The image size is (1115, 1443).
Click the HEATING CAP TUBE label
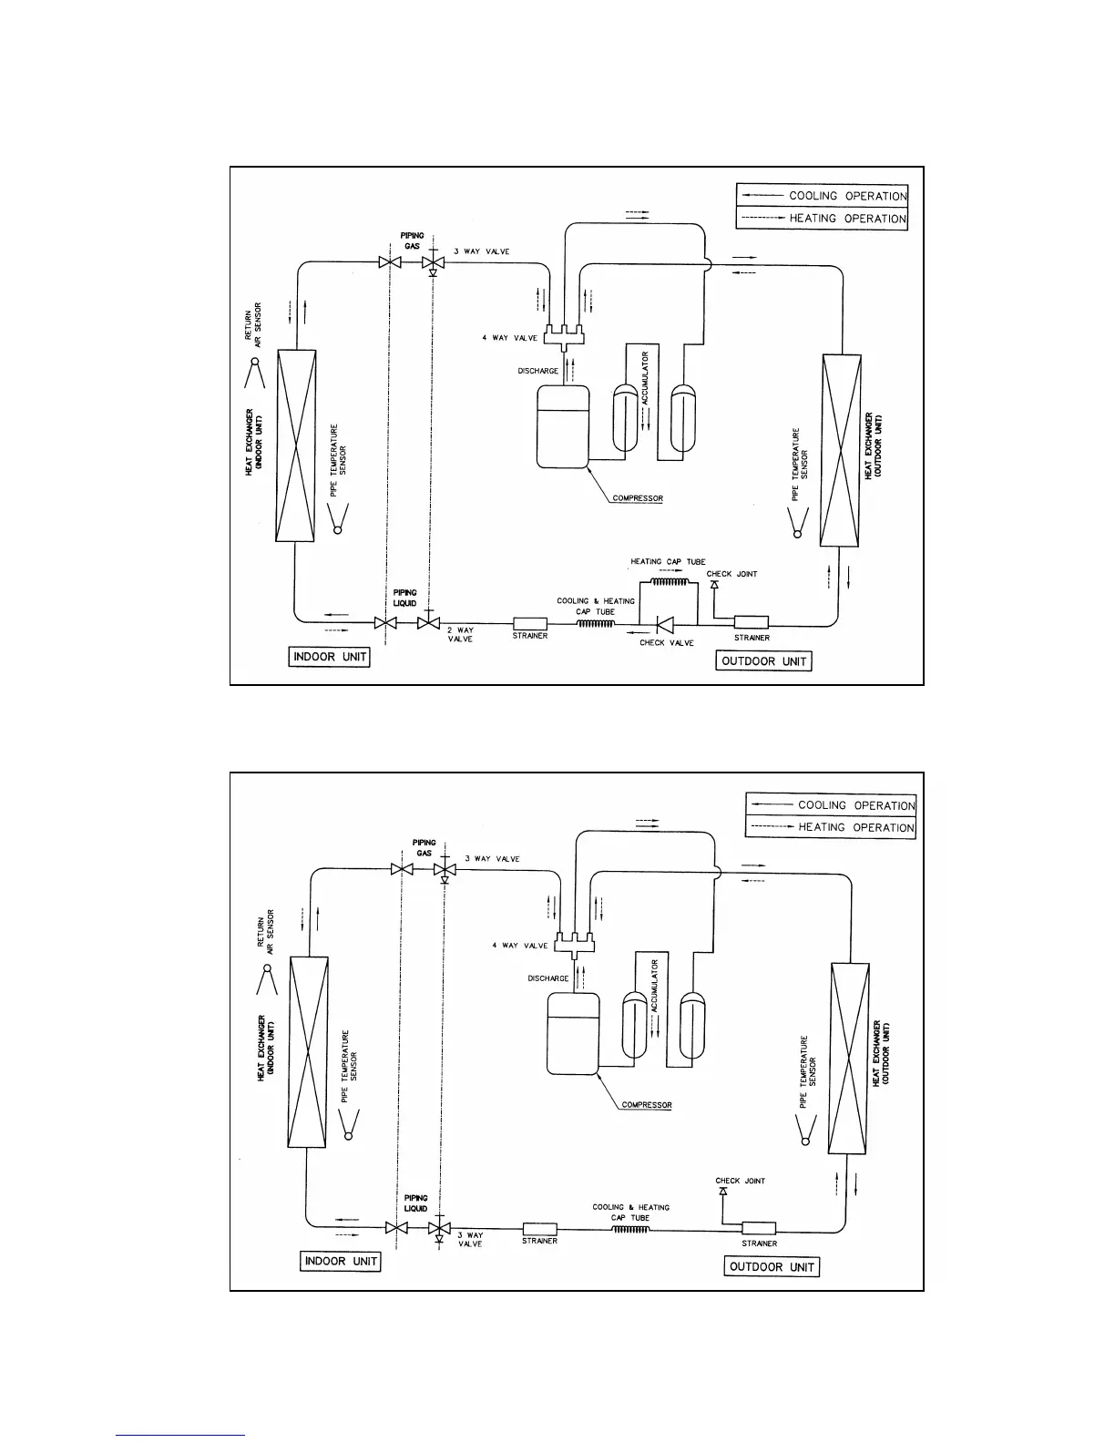[x=668, y=562]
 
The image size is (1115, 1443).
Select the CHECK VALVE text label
[x=666, y=643]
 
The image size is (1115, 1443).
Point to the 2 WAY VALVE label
[x=460, y=634]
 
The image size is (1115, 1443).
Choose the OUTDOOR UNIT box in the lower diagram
[x=772, y=1266]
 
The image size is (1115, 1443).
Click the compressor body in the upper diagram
[x=563, y=426]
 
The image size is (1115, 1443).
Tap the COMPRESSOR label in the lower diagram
[x=646, y=1105]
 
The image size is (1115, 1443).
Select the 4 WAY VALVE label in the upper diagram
[x=509, y=338]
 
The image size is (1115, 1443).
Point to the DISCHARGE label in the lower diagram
[x=547, y=978]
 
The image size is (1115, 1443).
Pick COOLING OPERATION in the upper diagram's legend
[x=847, y=196]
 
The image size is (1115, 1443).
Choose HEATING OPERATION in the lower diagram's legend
[x=855, y=827]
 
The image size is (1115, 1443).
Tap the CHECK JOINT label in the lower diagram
[x=740, y=1181]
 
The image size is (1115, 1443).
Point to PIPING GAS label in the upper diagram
[x=412, y=241]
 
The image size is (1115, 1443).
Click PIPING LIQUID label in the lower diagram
[x=415, y=1203]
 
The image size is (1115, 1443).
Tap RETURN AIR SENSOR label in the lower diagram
[x=265, y=933]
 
